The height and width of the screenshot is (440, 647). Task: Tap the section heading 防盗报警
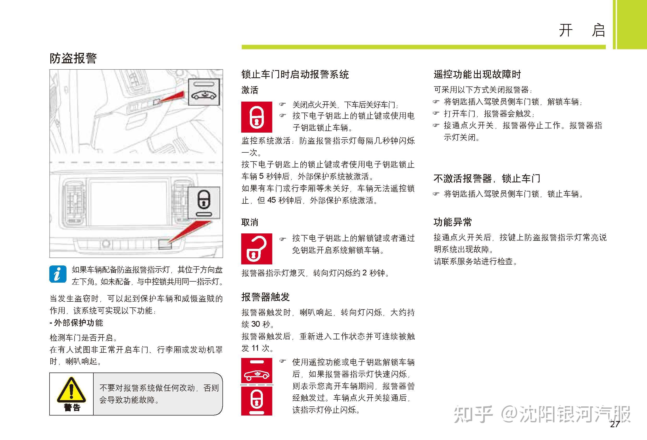tap(73, 58)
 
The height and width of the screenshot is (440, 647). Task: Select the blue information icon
tap(58, 274)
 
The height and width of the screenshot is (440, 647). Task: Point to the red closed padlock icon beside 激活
tap(256, 117)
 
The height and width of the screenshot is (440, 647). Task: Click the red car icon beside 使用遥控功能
tap(256, 371)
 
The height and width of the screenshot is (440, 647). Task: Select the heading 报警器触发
tap(265, 297)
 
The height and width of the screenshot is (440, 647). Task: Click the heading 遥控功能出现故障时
tap(477, 74)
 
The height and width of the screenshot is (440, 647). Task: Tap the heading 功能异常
tap(453, 222)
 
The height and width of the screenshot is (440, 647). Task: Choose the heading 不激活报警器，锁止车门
tap(487, 178)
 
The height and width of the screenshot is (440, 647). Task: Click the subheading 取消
tap(250, 222)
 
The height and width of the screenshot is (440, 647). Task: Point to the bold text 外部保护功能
tap(78, 323)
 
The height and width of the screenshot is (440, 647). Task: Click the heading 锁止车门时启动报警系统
tap(295, 74)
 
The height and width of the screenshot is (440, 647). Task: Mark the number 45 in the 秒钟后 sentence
tap(272, 200)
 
